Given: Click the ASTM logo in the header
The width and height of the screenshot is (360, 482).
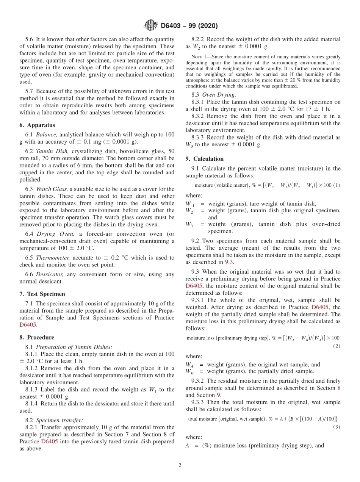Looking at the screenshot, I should (x=150, y=26).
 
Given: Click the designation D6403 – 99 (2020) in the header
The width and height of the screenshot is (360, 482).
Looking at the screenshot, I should (x=189, y=26).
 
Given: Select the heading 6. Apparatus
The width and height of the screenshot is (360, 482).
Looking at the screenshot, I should (x=37, y=125).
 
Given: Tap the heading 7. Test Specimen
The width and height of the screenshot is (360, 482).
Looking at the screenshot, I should (x=42, y=294).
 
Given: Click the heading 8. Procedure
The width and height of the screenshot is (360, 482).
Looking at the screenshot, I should (x=37, y=337).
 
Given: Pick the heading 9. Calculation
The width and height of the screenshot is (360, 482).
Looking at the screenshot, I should (x=204, y=159).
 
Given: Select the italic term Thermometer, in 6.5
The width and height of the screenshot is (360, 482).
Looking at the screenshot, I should (x=53, y=258).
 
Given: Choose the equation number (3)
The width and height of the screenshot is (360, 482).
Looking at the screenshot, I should (x=337, y=427).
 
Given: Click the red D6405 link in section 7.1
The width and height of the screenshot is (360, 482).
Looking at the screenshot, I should (x=28, y=325).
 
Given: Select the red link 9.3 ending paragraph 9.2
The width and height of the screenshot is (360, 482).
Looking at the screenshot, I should (x=230, y=262).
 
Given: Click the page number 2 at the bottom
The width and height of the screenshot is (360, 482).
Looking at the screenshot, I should (x=180, y=465).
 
